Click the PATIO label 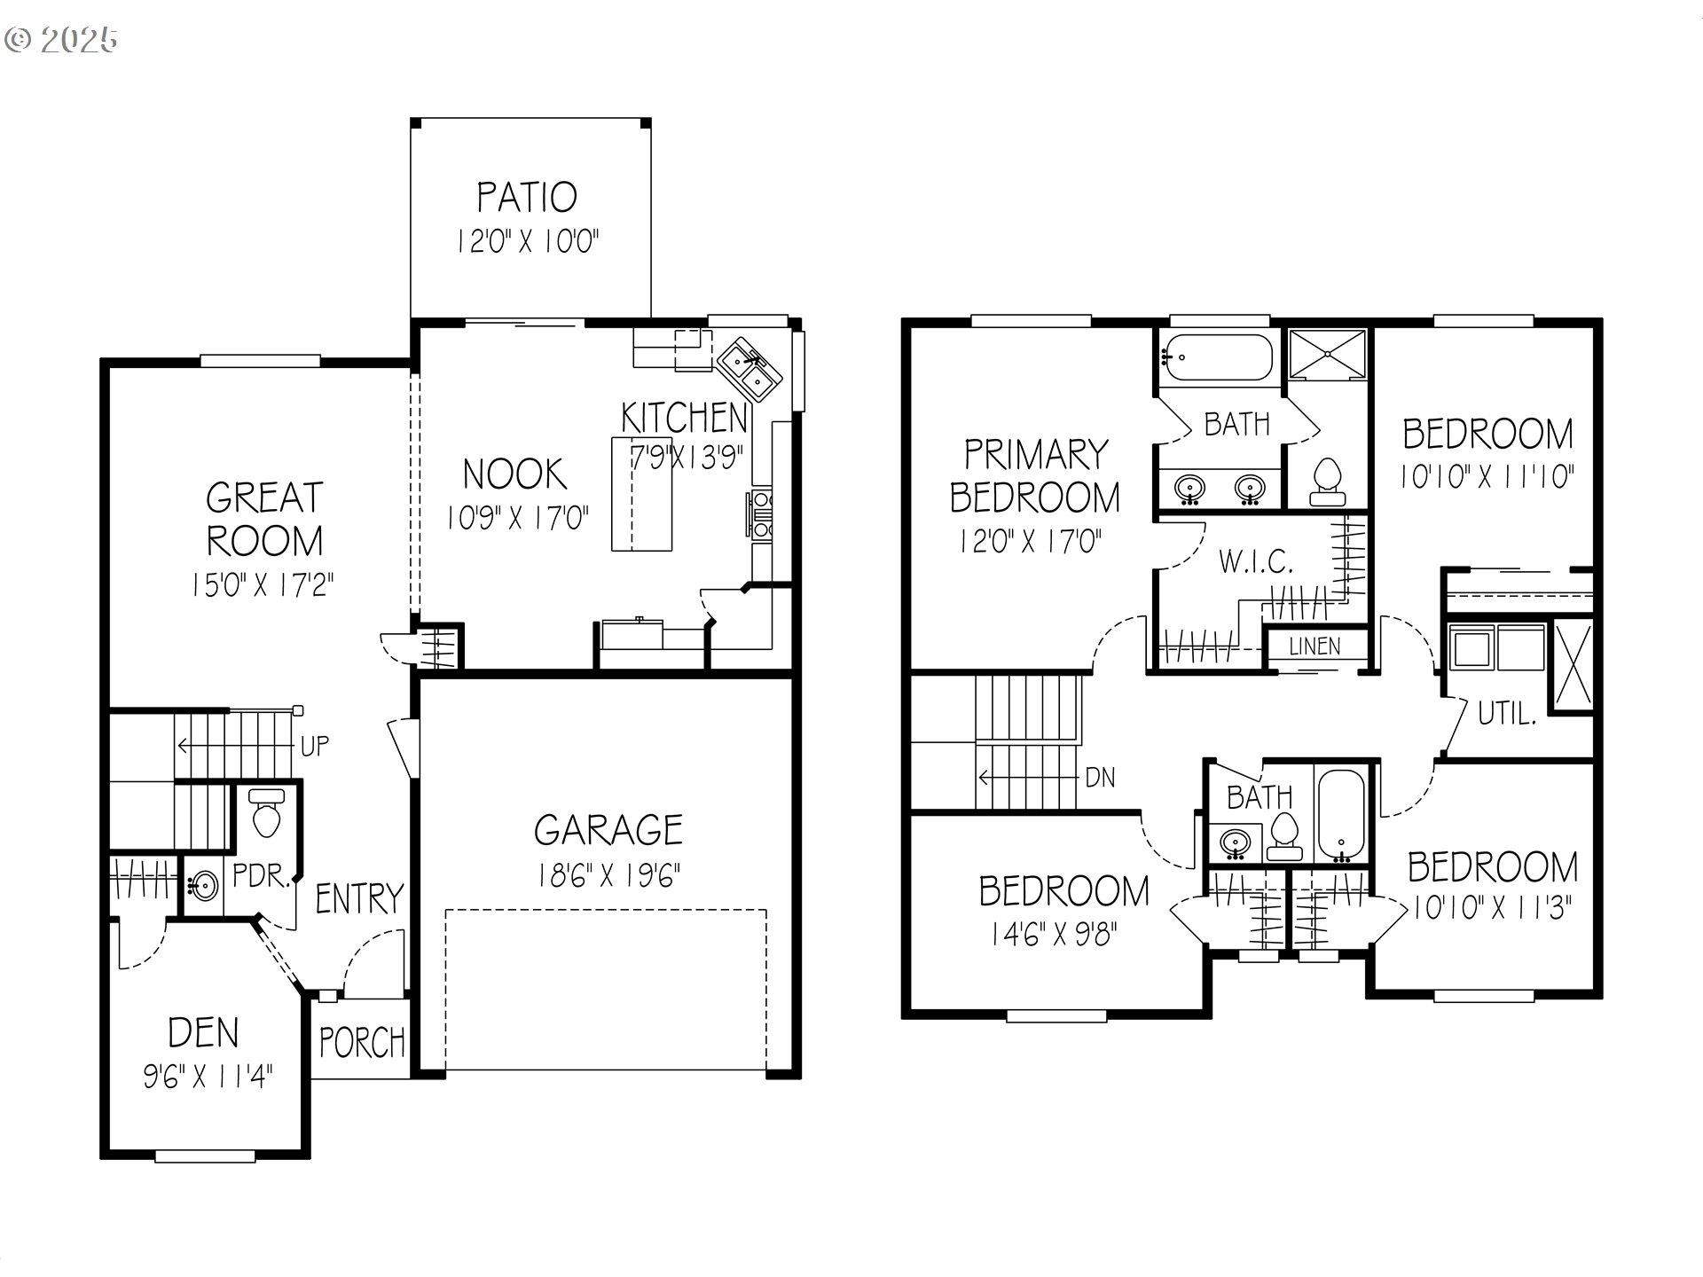[x=527, y=197]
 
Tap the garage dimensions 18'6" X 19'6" [x=608, y=876]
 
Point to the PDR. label [x=261, y=877]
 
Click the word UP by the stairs [x=314, y=746]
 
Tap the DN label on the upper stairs [x=1100, y=778]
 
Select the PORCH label [x=362, y=1042]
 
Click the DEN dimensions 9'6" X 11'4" [x=208, y=1077]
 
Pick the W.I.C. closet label [x=1255, y=561]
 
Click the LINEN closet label [x=1315, y=646]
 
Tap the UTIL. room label [x=1506, y=713]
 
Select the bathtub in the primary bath [x=1218, y=357]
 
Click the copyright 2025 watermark [x=61, y=40]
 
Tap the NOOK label [x=514, y=474]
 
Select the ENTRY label [x=359, y=899]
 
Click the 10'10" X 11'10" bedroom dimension [x=1487, y=478]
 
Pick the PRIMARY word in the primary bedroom [x=1036, y=455]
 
